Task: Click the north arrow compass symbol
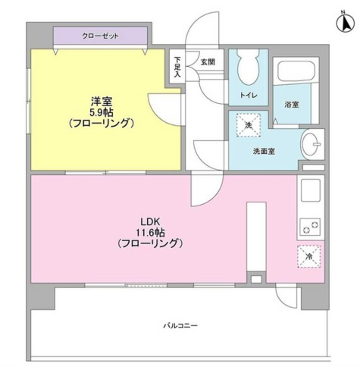click(345, 23)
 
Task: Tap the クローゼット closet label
click(100, 36)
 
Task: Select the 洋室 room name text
click(102, 102)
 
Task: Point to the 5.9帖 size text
click(102, 112)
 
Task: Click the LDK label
click(150, 221)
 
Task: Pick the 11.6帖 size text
click(150, 232)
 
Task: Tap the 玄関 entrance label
click(208, 62)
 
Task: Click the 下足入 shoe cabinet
click(177, 66)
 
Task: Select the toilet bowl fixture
click(249, 67)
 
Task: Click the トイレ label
click(249, 95)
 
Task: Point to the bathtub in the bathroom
click(296, 70)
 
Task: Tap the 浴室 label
click(292, 104)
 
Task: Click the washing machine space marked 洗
click(249, 125)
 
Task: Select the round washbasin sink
click(311, 144)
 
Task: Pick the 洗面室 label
click(264, 151)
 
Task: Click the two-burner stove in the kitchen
click(310, 227)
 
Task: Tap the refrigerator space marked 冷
click(309, 256)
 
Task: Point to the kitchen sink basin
click(311, 190)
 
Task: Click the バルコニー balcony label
click(180, 325)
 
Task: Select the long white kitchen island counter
click(256, 237)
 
